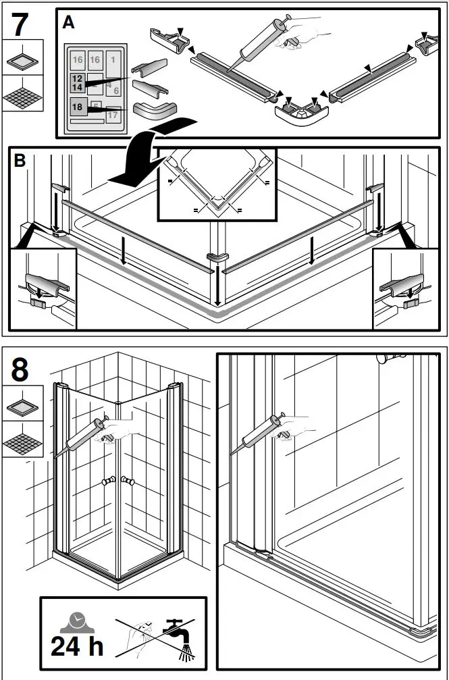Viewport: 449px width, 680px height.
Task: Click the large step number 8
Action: pyautogui.click(x=21, y=371)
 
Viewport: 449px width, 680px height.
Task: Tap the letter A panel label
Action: pyautogui.click(x=68, y=22)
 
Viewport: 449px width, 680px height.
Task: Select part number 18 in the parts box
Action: pyautogui.click(x=78, y=107)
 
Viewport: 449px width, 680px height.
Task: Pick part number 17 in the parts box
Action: pyautogui.click(x=112, y=115)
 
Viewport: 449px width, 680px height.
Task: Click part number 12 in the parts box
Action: pyautogui.click(x=77, y=79)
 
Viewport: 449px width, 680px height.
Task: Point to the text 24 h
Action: pyautogui.click(x=77, y=646)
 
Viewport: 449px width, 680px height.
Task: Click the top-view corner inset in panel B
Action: pyautogui.click(x=217, y=184)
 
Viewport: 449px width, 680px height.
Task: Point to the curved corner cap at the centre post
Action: pyautogui.click(x=217, y=258)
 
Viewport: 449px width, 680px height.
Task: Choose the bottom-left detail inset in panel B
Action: pyautogui.click(x=43, y=288)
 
